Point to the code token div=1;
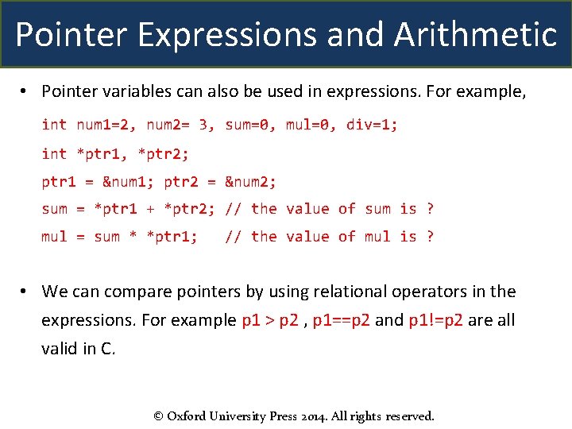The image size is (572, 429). [x=373, y=125]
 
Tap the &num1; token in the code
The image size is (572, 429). [x=129, y=181]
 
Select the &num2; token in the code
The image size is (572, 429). [x=250, y=181]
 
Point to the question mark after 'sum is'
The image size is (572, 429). [x=430, y=209]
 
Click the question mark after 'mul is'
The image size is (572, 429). [x=430, y=237]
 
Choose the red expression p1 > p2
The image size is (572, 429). [x=272, y=320]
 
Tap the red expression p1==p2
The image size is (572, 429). [x=342, y=320]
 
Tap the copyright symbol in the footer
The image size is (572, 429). [x=159, y=415]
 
